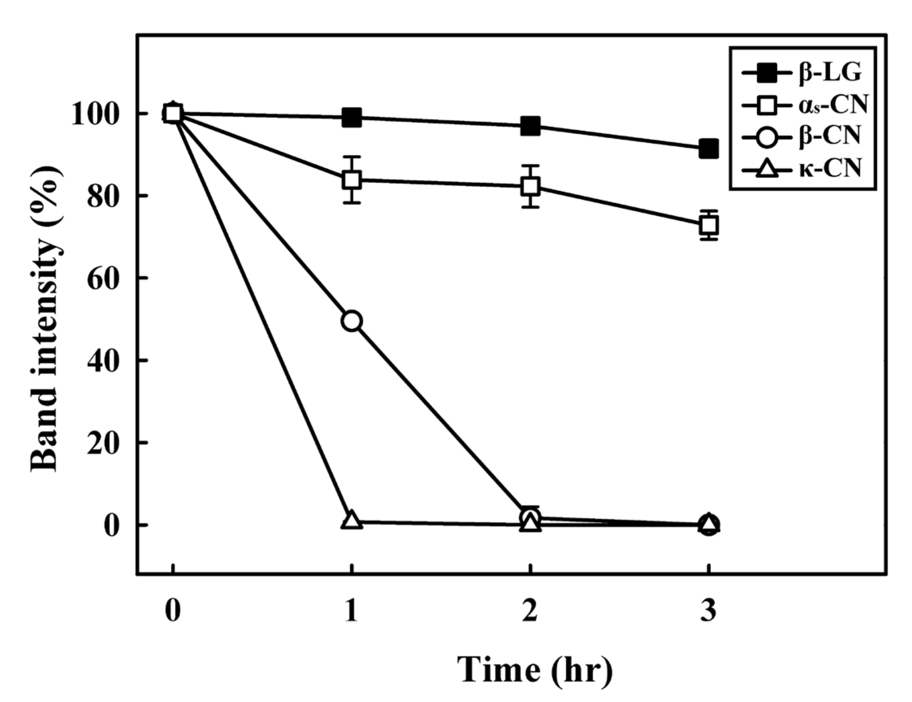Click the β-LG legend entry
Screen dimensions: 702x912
[802, 74]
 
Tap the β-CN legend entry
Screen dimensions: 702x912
[802, 136]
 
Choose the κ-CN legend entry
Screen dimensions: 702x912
[802, 169]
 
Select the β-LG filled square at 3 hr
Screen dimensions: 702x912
[708, 149]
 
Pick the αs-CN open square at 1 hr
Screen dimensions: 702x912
[352, 180]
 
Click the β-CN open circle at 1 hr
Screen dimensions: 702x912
[352, 321]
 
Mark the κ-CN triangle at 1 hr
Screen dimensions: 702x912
[352, 520]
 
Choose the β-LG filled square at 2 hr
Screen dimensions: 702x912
[530, 126]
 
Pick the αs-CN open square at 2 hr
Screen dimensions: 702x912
[530, 186]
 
